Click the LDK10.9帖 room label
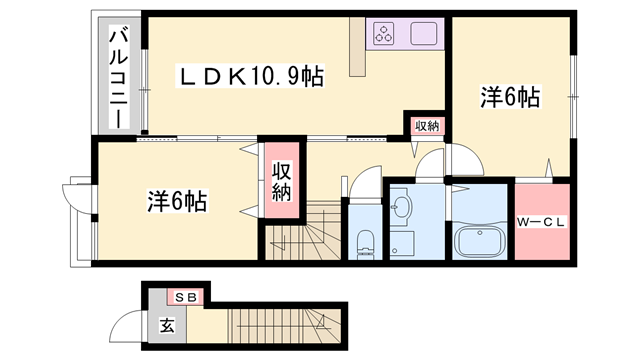[x=250, y=76]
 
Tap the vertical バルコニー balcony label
[x=119, y=77]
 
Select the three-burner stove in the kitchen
[x=384, y=34]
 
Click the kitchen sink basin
[x=424, y=33]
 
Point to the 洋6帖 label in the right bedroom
[x=510, y=98]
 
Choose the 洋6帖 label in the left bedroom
[x=177, y=201]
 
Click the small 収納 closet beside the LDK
[x=427, y=127]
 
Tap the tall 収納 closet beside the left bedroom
[x=282, y=180]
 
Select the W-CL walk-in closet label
[x=541, y=222]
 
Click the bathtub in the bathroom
[x=480, y=242]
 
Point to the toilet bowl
[x=365, y=244]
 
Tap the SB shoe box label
[x=185, y=297]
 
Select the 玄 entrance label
[x=167, y=326]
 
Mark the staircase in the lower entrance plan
[x=284, y=326]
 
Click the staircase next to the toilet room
[x=303, y=230]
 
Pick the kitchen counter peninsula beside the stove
[x=358, y=47]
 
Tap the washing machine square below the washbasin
[x=402, y=244]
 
